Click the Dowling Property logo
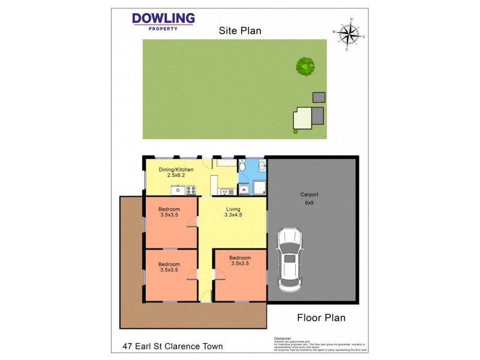click(x=163, y=22)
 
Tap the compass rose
click(x=348, y=36)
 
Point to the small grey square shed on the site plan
click(x=319, y=97)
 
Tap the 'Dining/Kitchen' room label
click(x=176, y=170)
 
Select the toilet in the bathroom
click(x=243, y=164)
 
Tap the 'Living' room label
click(x=232, y=209)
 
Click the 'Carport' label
click(x=309, y=195)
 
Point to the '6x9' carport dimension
click(x=309, y=203)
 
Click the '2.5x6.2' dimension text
click(x=176, y=176)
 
